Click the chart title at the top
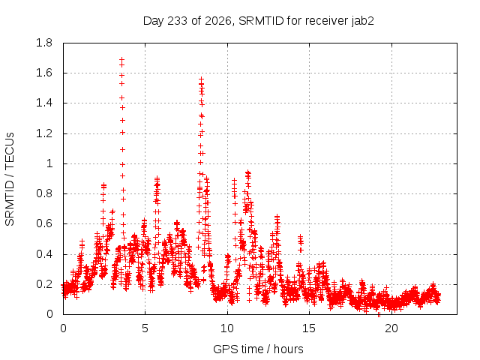click(258, 21)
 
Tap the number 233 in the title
click(178, 21)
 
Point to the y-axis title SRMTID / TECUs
click(10, 179)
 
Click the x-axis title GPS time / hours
click(258, 349)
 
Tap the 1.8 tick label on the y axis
click(44, 43)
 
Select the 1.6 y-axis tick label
click(44, 73)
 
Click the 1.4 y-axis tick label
click(44, 103)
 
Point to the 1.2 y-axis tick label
click(44, 133)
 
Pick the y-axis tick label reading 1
click(49, 163)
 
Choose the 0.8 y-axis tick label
click(44, 193)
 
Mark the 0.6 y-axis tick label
click(44, 223)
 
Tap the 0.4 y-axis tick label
click(44, 254)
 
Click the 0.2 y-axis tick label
click(44, 284)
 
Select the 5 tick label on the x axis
click(145, 328)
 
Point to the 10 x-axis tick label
click(227, 328)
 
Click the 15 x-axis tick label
click(309, 328)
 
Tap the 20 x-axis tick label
click(391, 328)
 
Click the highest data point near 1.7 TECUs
click(121, 59)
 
